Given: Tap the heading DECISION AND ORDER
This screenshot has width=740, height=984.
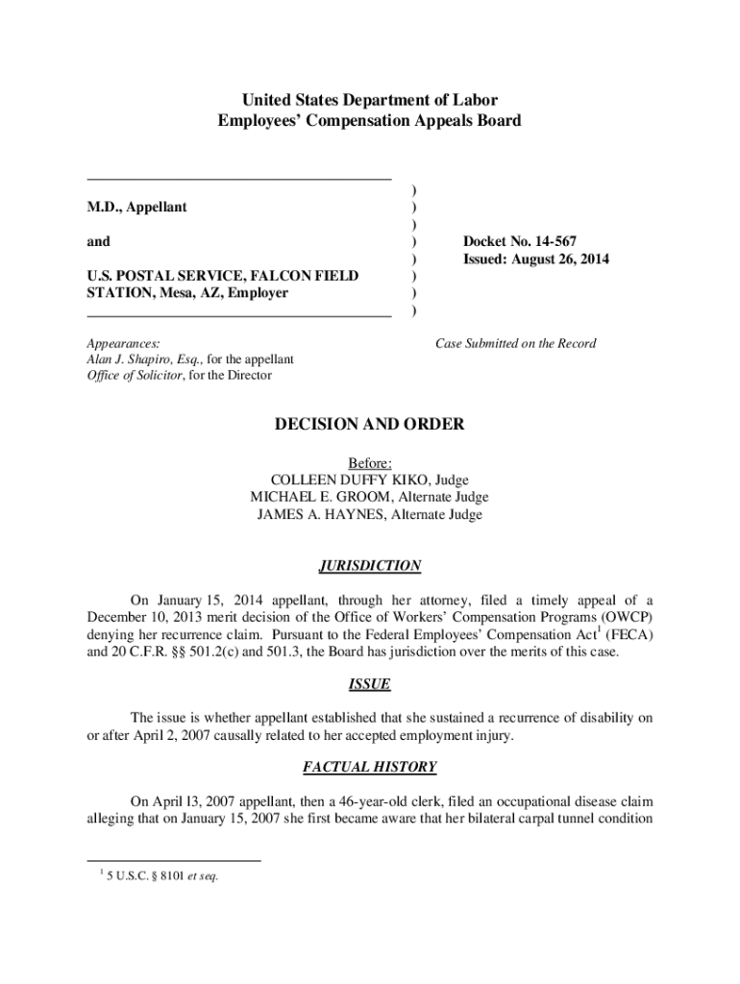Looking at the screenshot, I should pos(370,425).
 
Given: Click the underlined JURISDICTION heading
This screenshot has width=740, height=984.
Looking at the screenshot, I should pos(370,566).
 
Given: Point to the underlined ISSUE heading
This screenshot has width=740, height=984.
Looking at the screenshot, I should pos(370,685).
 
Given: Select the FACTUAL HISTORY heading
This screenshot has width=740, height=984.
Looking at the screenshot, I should pos(370,767).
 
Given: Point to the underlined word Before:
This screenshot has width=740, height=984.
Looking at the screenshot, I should pos(370,462).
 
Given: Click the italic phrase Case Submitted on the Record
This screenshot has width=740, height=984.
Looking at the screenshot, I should pos(515,343).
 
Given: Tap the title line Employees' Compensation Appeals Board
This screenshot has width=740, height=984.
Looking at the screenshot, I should pos(370,121).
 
